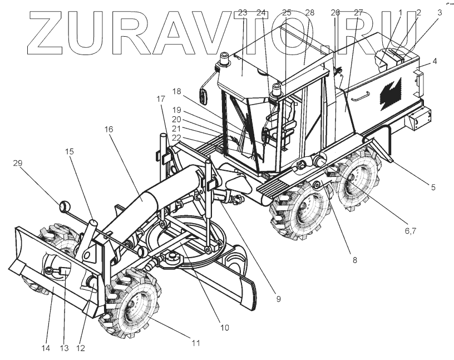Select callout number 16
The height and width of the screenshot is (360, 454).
[108, 129]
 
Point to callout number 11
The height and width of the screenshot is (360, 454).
[195, 343]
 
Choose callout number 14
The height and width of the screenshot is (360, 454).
[46, 348]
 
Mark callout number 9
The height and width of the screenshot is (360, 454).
[278, 299]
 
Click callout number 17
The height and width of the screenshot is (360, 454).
[161, 99]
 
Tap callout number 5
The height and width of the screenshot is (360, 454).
[432, 187]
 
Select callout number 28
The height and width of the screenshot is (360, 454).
[310, 12]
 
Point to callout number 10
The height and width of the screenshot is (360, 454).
[224, 328]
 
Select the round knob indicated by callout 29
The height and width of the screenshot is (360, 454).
[63, 207]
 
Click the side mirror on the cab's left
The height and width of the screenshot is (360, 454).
[204, 96]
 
